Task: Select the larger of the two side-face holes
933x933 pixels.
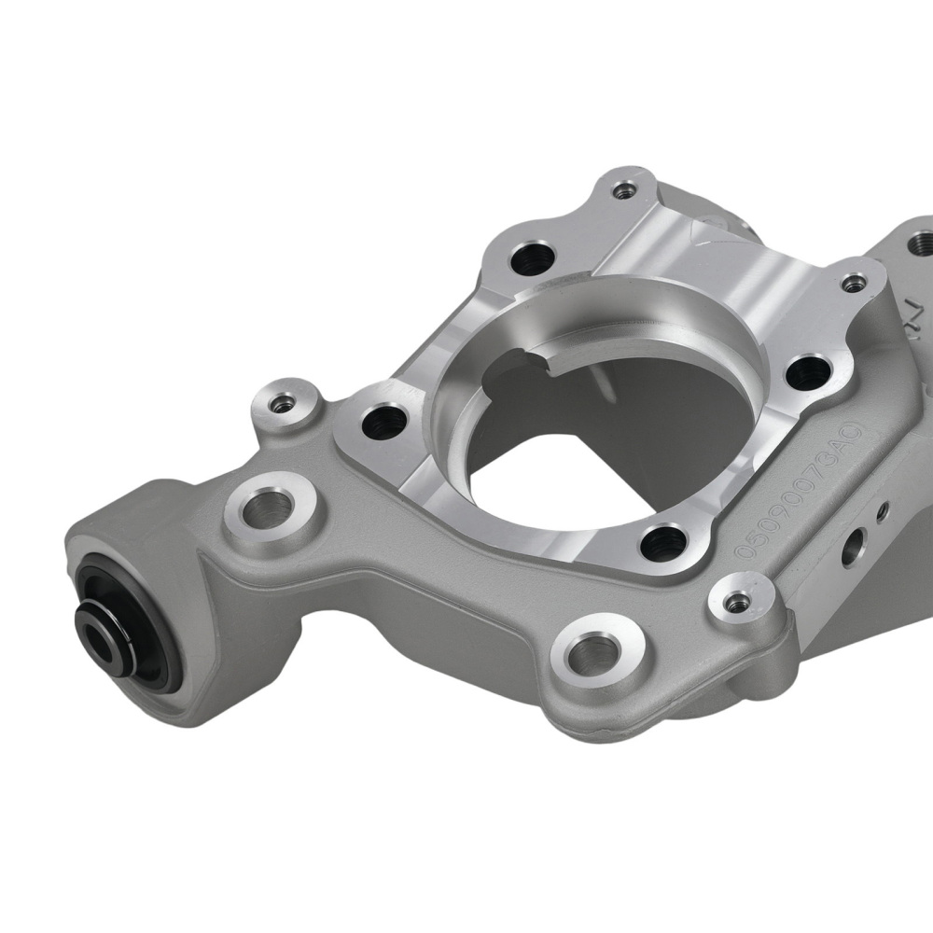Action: pyautogui.click(x=850, y=550)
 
